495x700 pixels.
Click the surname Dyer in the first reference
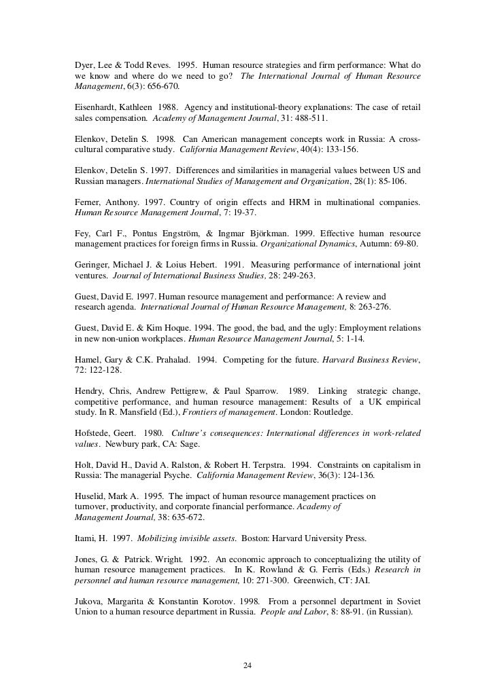click(x=85, y=65)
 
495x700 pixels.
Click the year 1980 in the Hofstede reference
click(x=150, y=432)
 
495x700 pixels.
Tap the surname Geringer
click(x=94, y=265)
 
